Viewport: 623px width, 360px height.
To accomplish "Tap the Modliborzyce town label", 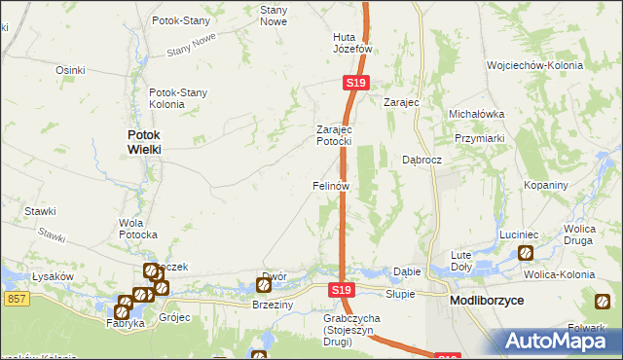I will [x=487, y=302].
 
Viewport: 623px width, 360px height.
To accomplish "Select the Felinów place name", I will [x=330, y=184].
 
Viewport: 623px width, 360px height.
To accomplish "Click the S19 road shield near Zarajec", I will [x=355, y=85].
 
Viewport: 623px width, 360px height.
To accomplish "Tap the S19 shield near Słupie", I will [x=340, y=290].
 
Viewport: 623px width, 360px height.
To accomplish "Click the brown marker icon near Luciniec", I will [x=526, y=253].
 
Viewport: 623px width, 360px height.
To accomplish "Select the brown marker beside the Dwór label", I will [x=263, y=285].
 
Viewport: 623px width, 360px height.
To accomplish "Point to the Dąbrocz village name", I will [x=422, y=160].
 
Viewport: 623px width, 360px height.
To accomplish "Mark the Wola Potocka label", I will [x=137, y=228].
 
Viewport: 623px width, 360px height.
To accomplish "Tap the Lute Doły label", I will [x=461, y=260].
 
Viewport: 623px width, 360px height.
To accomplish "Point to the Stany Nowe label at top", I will [x=273, y=14].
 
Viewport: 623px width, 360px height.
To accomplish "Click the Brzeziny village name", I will [x=273, y=305].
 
